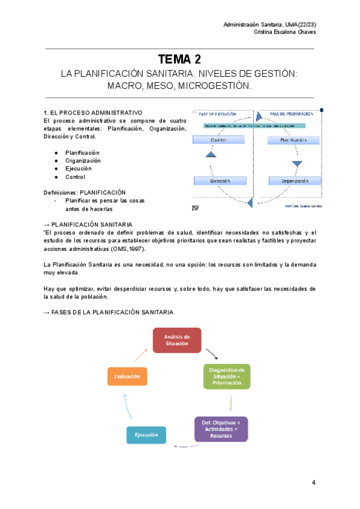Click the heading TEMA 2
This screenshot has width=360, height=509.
179,59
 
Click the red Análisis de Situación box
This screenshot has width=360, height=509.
178,340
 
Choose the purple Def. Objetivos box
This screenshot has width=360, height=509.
221,429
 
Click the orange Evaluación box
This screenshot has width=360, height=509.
127,376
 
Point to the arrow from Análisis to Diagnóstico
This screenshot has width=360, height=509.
211,353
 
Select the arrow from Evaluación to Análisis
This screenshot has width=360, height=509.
139,355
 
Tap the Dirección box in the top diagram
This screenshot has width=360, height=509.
220,180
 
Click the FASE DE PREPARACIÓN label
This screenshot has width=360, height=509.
289,114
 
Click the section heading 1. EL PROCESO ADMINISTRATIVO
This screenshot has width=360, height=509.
93,112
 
